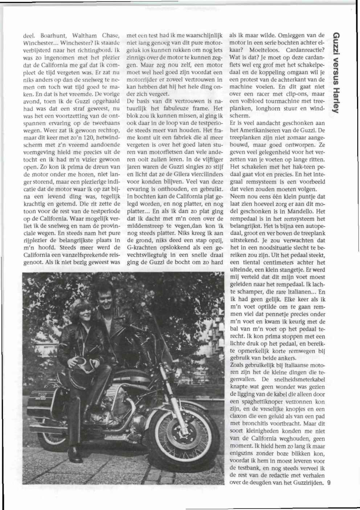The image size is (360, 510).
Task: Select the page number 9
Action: (329, 483)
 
